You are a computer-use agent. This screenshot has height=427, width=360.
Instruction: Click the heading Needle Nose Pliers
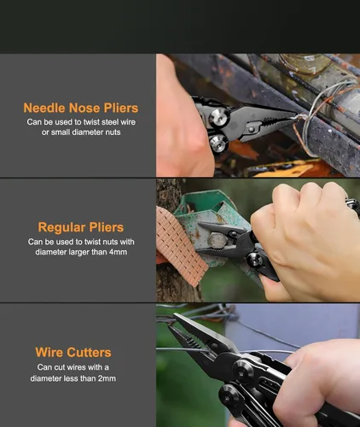(x=81, y=108)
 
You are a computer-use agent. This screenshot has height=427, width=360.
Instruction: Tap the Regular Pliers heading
(x=81, y=227)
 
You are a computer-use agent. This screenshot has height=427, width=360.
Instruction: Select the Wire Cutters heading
(x=73, y=352)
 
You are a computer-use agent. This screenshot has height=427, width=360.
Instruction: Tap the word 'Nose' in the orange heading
(x=84, y=108)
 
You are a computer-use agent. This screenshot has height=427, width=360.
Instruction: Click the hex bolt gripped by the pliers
(x=218, y=240)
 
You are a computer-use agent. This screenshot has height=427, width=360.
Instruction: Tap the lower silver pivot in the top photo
(x=218, y=143)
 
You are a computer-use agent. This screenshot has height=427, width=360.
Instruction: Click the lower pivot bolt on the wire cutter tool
(x=229, y=395)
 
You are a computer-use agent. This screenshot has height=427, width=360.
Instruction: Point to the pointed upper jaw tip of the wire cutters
(x=175, y=314)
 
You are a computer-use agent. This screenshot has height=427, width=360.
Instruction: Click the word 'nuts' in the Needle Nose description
(x=113, y=132)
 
